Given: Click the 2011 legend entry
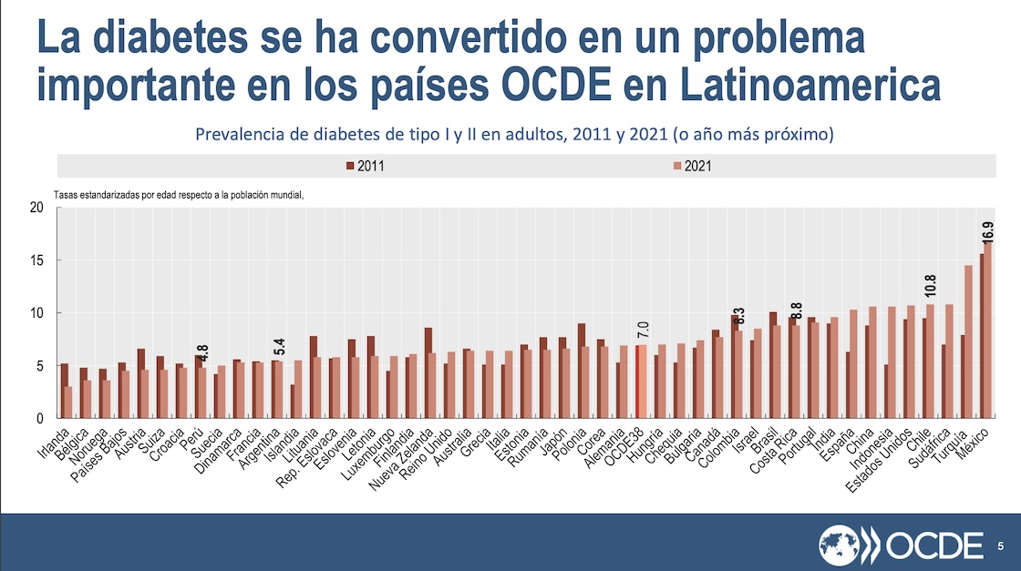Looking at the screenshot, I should pyautogui.click(x=370, y=166).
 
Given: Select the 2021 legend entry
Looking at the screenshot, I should pyautogui.click(x=693, y=166).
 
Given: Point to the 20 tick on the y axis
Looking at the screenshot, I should pyautogui.click(x=36, y=208).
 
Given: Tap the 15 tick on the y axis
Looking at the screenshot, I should pyautogui.click(x=36, y=260).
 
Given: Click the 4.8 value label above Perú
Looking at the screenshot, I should pyautogui.click(x=201, y=352).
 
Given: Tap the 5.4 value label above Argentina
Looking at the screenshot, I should pyautogui.click(x=280, y=346).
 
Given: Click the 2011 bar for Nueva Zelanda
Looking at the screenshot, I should pyautogui.click(x=428, y=373).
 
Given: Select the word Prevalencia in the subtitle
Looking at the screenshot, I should pyautogui.click(x=239, y=135).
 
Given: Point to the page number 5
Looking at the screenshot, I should pyautogui.click(x=1001, y=546).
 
